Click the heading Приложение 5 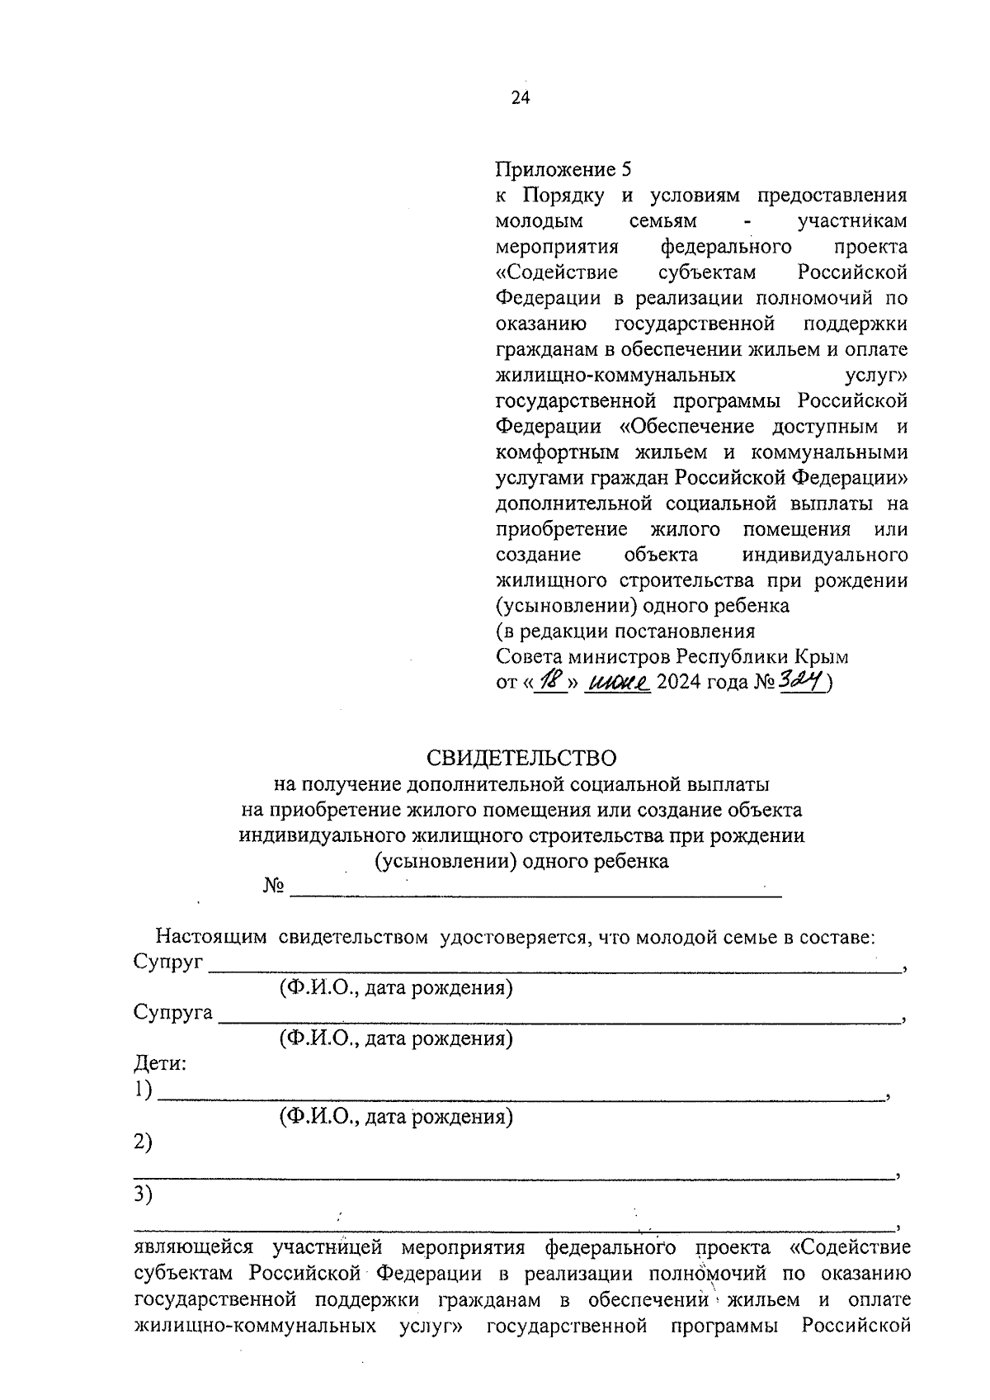(563, 170)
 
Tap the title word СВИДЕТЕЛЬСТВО (521, 758)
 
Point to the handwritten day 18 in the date (550, 682)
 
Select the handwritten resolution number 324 (801, 681)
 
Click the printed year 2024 (682, 683)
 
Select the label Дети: (160, 1063)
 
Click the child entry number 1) (144, 1090)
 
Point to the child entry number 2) (144, 1143)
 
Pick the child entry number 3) (144, 1194)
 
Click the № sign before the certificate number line (274, 887)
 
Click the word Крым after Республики (821, 657)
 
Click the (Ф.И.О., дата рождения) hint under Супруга (396, 1038)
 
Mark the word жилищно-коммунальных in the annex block (615, 376)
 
